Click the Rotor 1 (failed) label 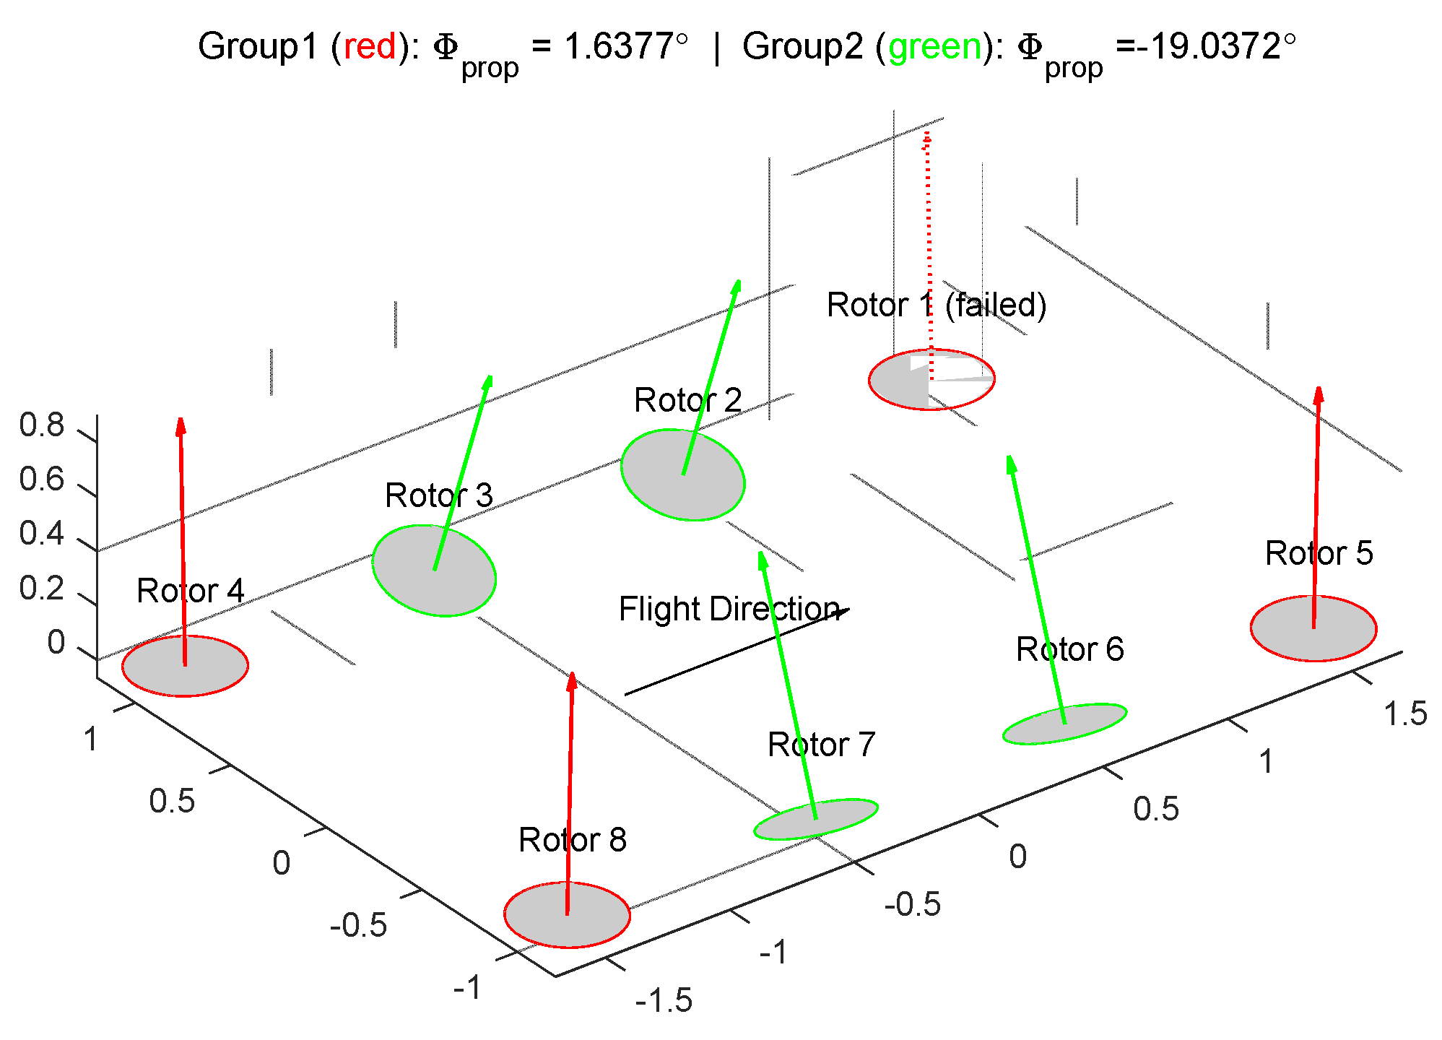tap(936, 305)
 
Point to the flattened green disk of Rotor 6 tap(1064, 724)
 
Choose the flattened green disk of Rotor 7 tap(816, 820)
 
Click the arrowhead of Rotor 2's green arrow tap(736, 287)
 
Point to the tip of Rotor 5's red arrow tap(1319, 394)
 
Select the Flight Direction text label tap(729, 609)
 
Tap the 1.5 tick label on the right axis tap(1405, 714)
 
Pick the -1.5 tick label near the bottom tap(664, 1001)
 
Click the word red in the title tap(370, 47)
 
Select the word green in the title tap(935, 47)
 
